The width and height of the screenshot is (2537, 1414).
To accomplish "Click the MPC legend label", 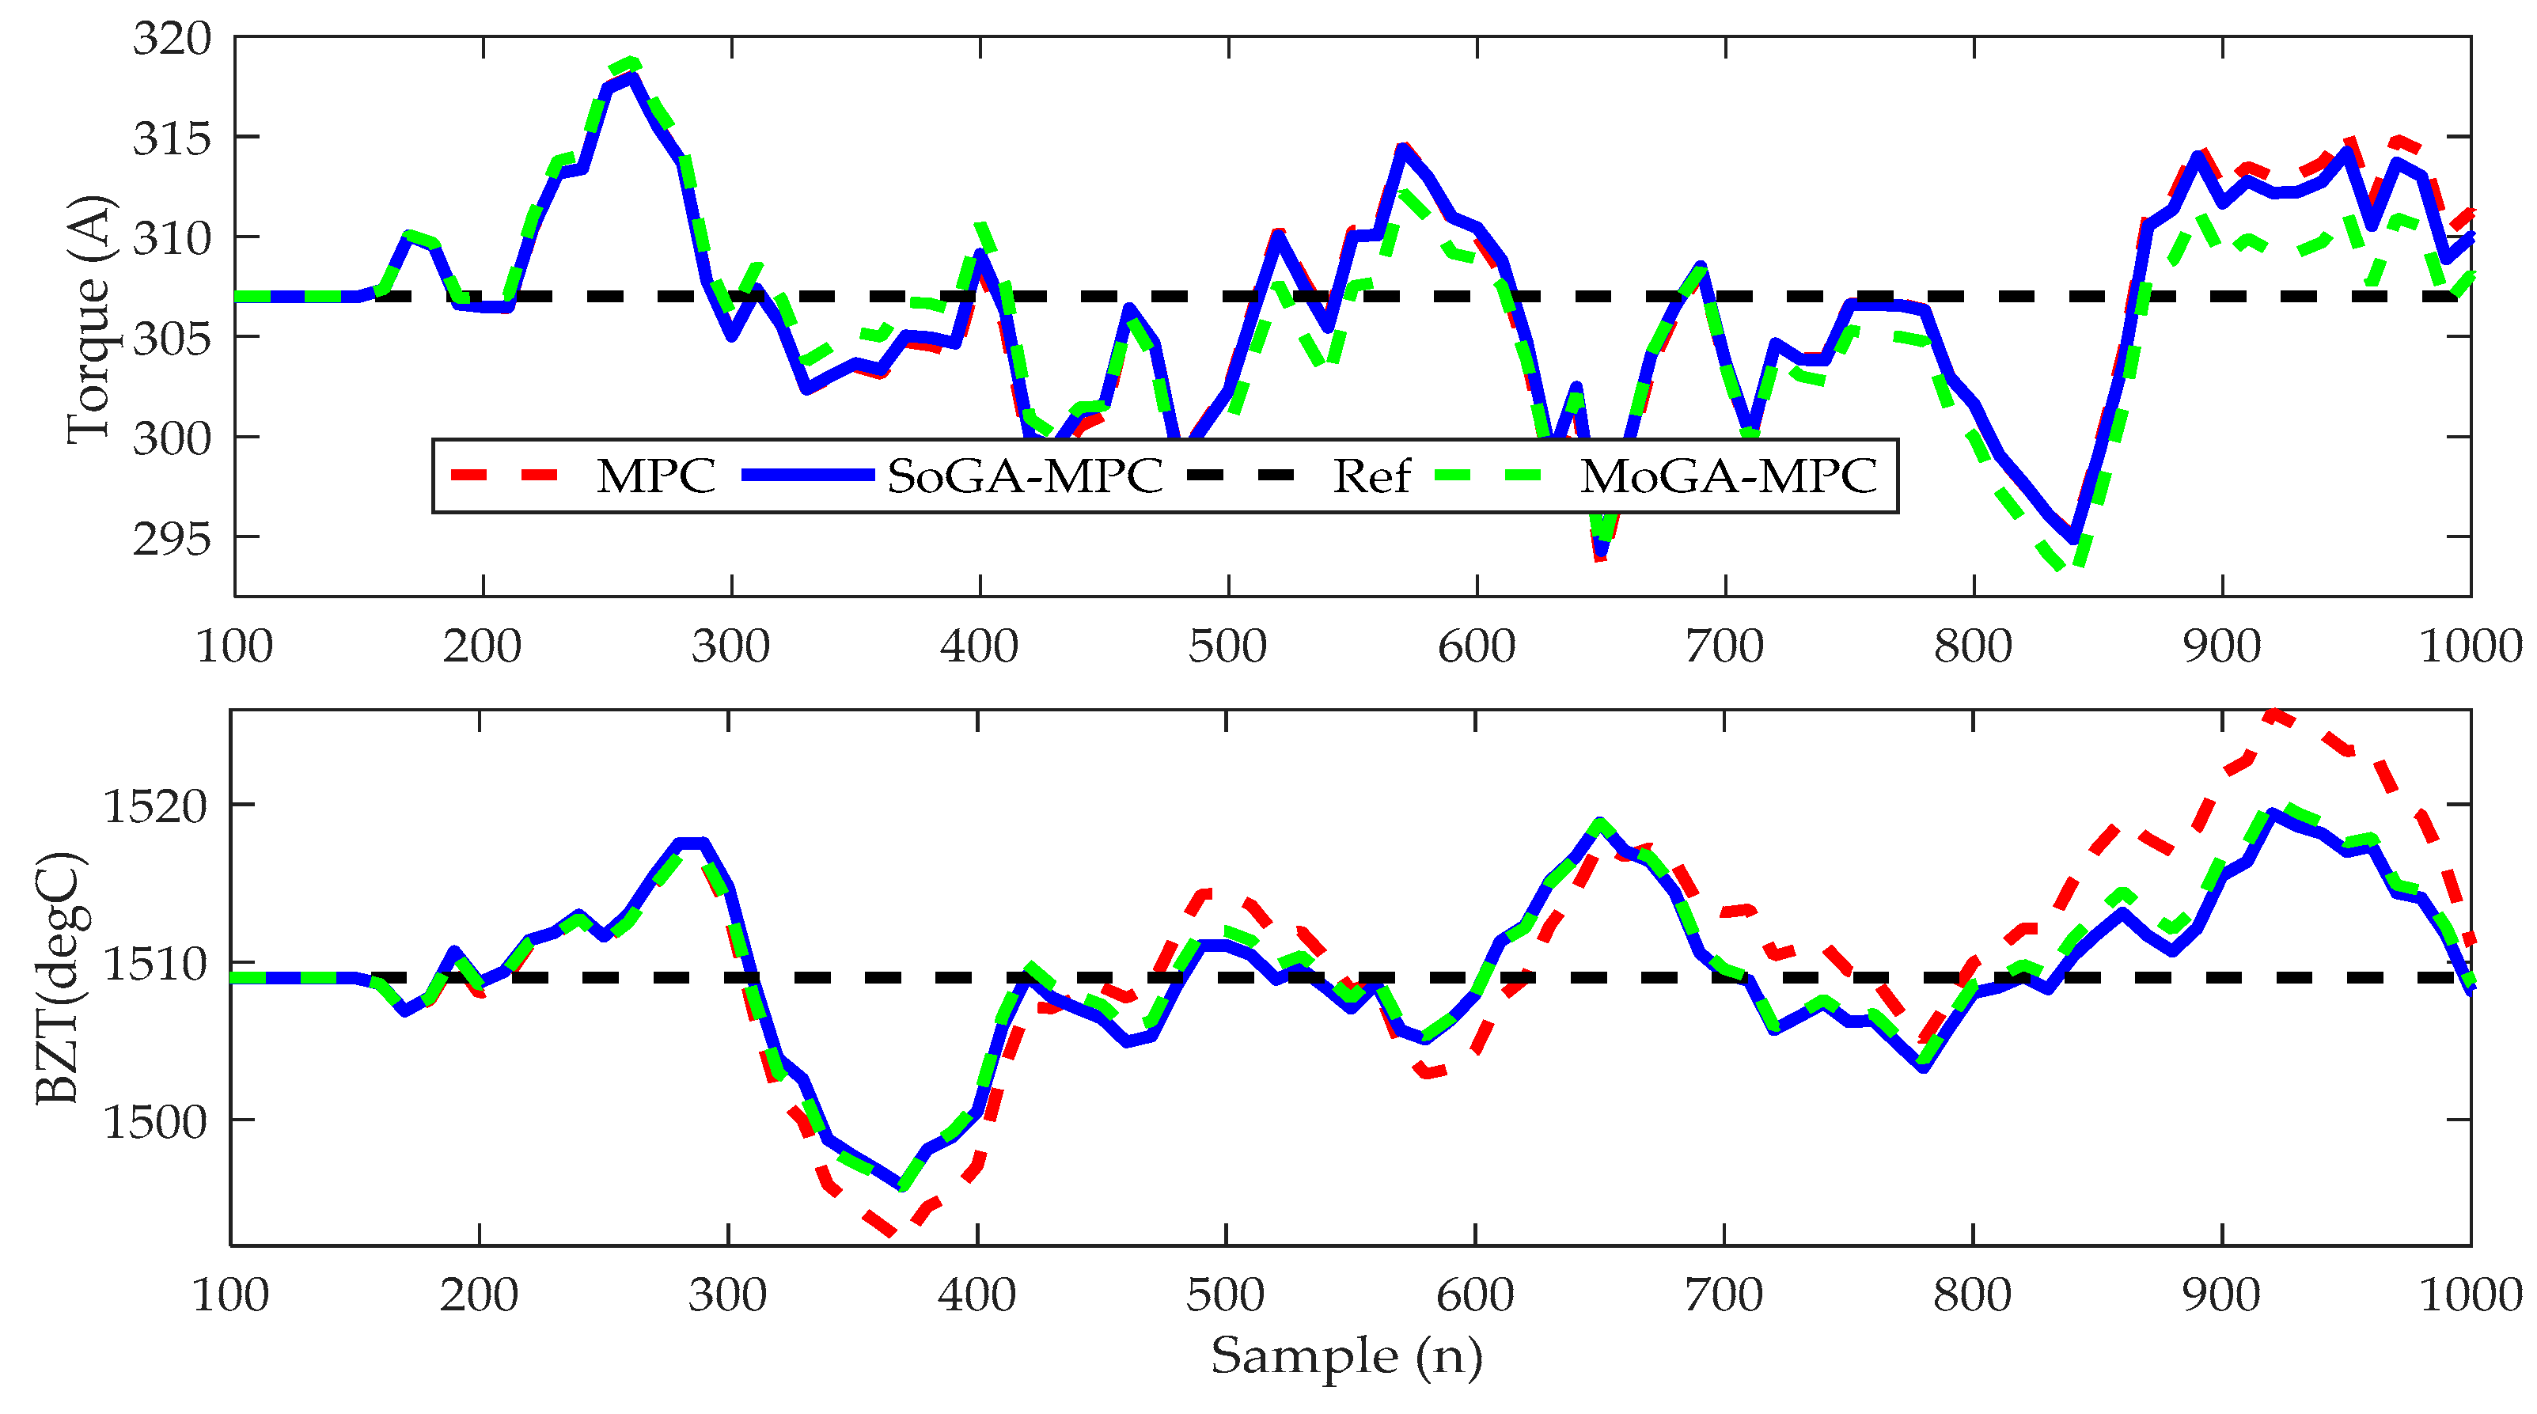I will (655, 476).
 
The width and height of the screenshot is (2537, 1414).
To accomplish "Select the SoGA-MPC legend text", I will (1024, 476).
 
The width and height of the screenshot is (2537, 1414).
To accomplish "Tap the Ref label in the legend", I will (1371, 476).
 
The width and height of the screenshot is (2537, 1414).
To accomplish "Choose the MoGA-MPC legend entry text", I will (1728, 476).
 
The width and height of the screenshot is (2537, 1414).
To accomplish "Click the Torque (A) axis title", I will (89, 320).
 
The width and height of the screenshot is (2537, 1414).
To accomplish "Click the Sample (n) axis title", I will (1345, 1357).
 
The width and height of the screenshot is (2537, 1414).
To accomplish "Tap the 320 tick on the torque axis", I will (173, 40).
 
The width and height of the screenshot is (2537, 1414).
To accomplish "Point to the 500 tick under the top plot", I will (1227, 647).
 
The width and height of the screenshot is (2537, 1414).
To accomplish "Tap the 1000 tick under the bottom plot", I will (2470, 1295).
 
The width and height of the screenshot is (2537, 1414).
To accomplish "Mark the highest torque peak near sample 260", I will (631, 64).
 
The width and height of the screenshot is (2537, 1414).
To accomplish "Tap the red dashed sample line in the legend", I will (504, 476).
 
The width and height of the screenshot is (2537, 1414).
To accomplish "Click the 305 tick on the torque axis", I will (173, 339).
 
